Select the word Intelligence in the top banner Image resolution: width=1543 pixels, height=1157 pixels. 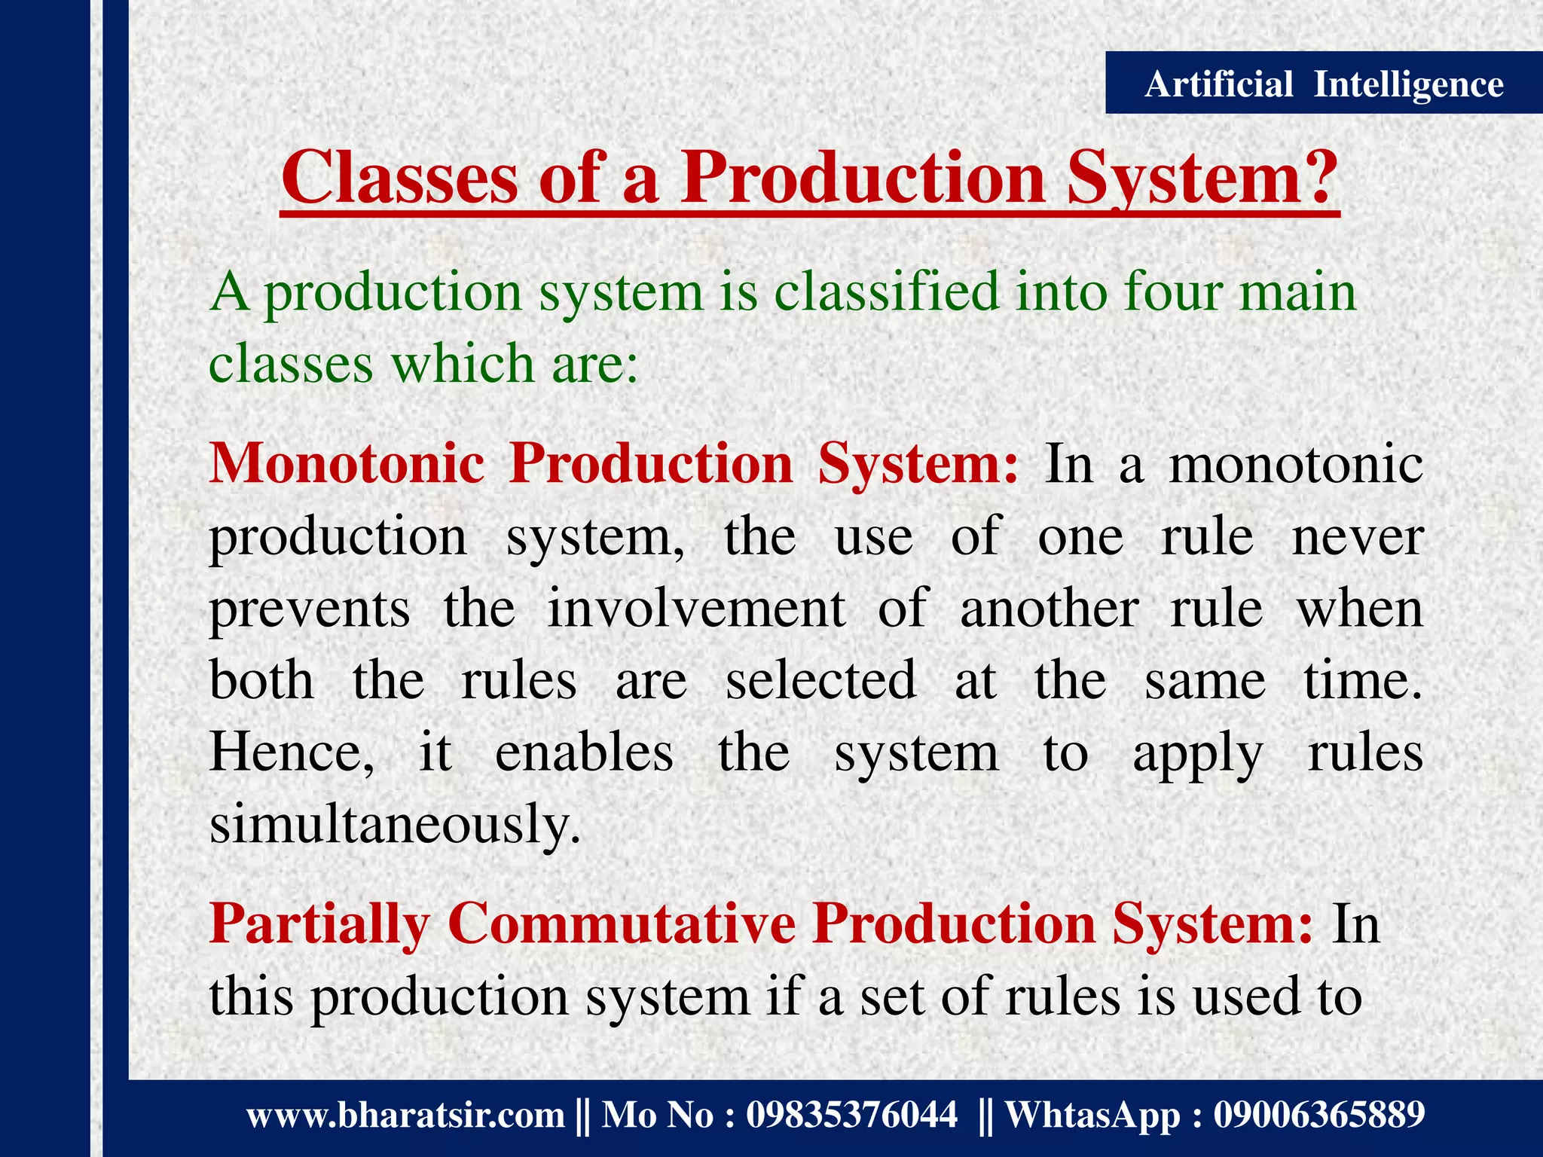point(1408,84)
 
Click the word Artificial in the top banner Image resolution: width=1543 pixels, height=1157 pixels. point(1218,84)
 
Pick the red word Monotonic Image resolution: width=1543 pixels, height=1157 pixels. point(347,462)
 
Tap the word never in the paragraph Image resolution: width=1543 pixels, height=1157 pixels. point(1357,538)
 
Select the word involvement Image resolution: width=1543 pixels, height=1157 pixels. point(696,609)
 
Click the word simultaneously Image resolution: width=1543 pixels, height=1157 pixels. point(395,824)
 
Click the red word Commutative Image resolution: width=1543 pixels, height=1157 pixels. point(622,923)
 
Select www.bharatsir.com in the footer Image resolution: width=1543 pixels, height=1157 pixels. point(405,1115)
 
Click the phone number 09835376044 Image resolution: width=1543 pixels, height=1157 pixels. point(851,1115)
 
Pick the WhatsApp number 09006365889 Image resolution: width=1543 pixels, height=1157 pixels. point(1318,1115)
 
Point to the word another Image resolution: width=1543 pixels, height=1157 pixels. point(1049,609)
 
